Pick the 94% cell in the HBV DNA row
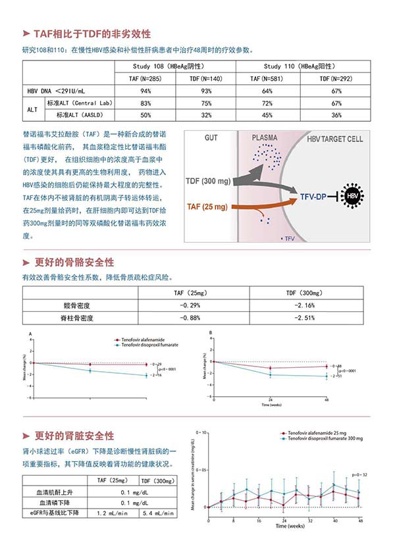146,90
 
